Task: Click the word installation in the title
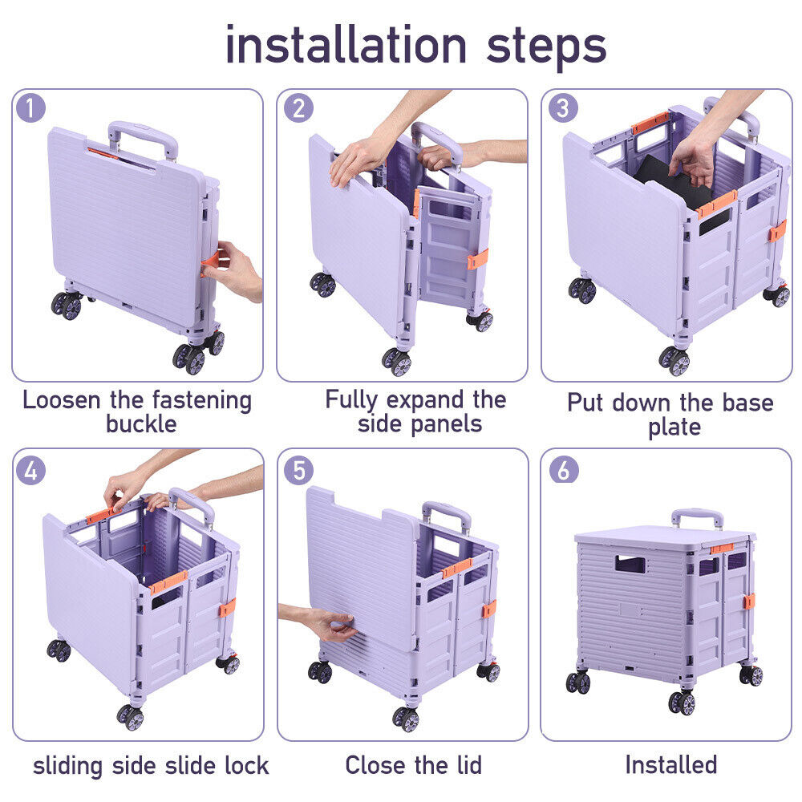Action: click(346, 45)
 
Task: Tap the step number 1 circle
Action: click(30, 108)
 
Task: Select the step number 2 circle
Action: click(298, 108)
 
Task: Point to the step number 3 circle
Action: click(563, 108)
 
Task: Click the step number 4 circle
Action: click(30, 471)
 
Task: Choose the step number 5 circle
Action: click(298, 471)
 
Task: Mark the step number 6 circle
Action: click(564, 469)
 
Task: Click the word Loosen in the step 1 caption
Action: click(62, 400)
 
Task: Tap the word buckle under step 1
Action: click(141, 424)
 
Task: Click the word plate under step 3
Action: click(674, 427)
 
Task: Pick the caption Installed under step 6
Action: click(671, 765)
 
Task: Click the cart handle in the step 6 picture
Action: click(697, 518)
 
